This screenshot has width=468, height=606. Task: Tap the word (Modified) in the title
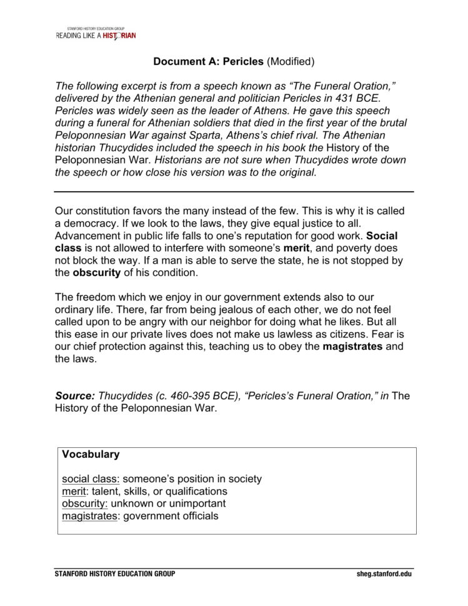click(x=291, y=62)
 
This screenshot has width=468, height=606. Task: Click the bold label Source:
click(x=75, y=395)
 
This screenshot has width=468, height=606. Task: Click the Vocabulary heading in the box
click(x=91, y=455)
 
